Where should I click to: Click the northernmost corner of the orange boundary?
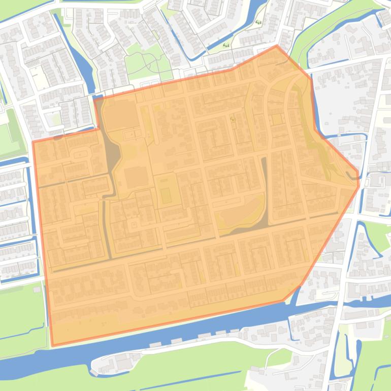[x=277, y=46]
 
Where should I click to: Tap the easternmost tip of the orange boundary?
[x=359, y=186]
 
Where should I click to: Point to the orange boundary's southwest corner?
[x=52, y=346]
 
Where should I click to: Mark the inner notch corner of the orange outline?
[x=100, y=129]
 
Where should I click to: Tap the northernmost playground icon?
[x=258, y=22]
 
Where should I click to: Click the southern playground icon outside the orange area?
[x=225, y=45]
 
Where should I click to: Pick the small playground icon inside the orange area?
[x=233, y=119]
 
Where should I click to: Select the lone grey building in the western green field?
[x=37, y=290]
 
